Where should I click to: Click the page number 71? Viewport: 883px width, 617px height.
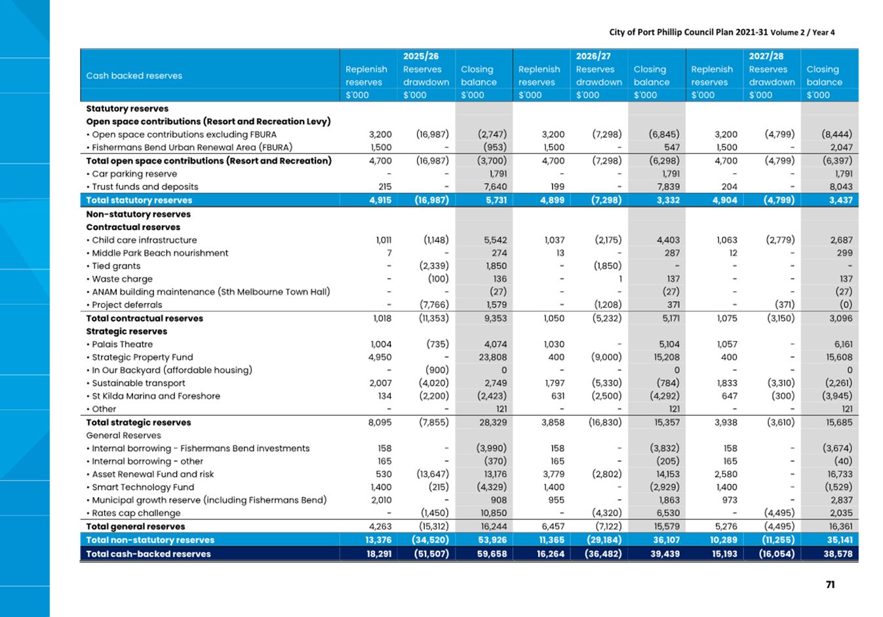click(x=830, y=585)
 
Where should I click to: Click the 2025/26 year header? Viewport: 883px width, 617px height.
click(x=421, y=56)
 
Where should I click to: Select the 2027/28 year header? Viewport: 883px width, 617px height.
click(x=766, y=56)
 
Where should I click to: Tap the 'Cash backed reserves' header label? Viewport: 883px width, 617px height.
click(x=134, y=75)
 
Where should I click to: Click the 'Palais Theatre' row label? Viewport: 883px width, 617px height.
click(x=122, y=344)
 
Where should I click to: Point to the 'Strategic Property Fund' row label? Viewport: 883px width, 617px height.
click(x=142, y=357)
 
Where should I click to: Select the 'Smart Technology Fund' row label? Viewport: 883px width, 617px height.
click(x=143, y=487)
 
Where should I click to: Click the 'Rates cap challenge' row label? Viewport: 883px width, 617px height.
click(x=136, y=513)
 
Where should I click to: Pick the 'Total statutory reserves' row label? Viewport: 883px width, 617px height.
click(x=139, y=200)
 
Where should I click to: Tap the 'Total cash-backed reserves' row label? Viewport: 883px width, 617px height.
click(x=149, y=554)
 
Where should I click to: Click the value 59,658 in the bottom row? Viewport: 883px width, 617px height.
click(x=492, y=554)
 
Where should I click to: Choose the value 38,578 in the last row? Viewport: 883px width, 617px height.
click(x=838, y=554)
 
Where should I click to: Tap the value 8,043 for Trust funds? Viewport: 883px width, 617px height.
click(x=841, y=187)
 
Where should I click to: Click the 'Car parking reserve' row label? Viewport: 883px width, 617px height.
click(x=134, y=174)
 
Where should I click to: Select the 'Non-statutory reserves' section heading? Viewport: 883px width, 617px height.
click(x=138, y=214)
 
